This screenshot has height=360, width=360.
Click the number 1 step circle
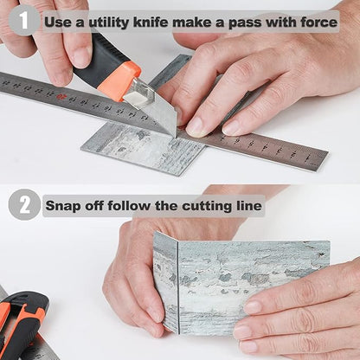click(23, 21)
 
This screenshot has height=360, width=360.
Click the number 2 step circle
click(24, 204)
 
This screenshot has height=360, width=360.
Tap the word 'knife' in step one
click(151, 22)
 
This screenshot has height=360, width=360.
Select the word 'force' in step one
click(319, 22)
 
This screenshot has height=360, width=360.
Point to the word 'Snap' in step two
click(63, 206)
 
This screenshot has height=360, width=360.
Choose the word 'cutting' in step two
click(207, 206)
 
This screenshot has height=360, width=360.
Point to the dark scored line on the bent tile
click(177, 288)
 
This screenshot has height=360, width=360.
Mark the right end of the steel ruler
click(326, 161)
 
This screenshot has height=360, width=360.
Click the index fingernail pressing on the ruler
click(195, 127)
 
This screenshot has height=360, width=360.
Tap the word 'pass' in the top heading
click(244, 23)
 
